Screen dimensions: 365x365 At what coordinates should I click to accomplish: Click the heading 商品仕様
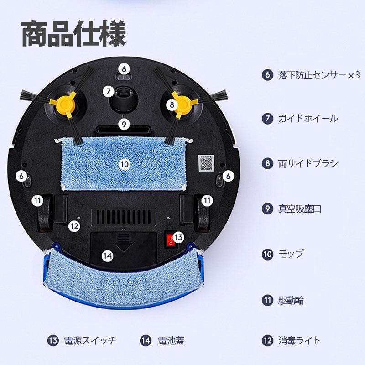(x=74, y=33)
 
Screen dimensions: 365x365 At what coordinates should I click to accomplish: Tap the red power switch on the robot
(x=171, y=240)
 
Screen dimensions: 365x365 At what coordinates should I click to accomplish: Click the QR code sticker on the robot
(x=206, y=163)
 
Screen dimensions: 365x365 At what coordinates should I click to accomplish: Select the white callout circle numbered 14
(x=108, y=256)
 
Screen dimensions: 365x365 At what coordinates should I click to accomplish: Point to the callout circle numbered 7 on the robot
(x=109, y=91)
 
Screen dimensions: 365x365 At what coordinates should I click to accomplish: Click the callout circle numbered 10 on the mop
(x=124, y=164)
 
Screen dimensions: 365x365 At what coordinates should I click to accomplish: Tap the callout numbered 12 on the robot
(x=74, y=226)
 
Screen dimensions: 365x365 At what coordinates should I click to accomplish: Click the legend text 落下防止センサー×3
(x=319, y=75)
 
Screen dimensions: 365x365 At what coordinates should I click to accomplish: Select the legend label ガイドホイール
(x=308, y=119)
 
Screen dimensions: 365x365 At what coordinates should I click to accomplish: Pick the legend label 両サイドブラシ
(x=308, y=163)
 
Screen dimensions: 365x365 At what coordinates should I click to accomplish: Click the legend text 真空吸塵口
(x=300, y=209)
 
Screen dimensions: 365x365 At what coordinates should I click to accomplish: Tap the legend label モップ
(x=291, y=254)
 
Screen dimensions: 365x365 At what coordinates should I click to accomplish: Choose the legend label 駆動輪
(x=291, y=300)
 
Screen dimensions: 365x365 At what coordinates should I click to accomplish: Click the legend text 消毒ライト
(x=299, y=340)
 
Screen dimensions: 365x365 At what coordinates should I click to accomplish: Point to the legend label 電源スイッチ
(x=90, y=340)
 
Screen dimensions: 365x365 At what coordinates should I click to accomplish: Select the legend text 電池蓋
(x=172, y=340)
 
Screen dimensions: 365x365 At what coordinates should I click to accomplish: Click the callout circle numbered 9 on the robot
(x=124, y=124)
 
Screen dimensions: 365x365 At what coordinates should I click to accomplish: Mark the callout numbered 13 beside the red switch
(x=178, y=237)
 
